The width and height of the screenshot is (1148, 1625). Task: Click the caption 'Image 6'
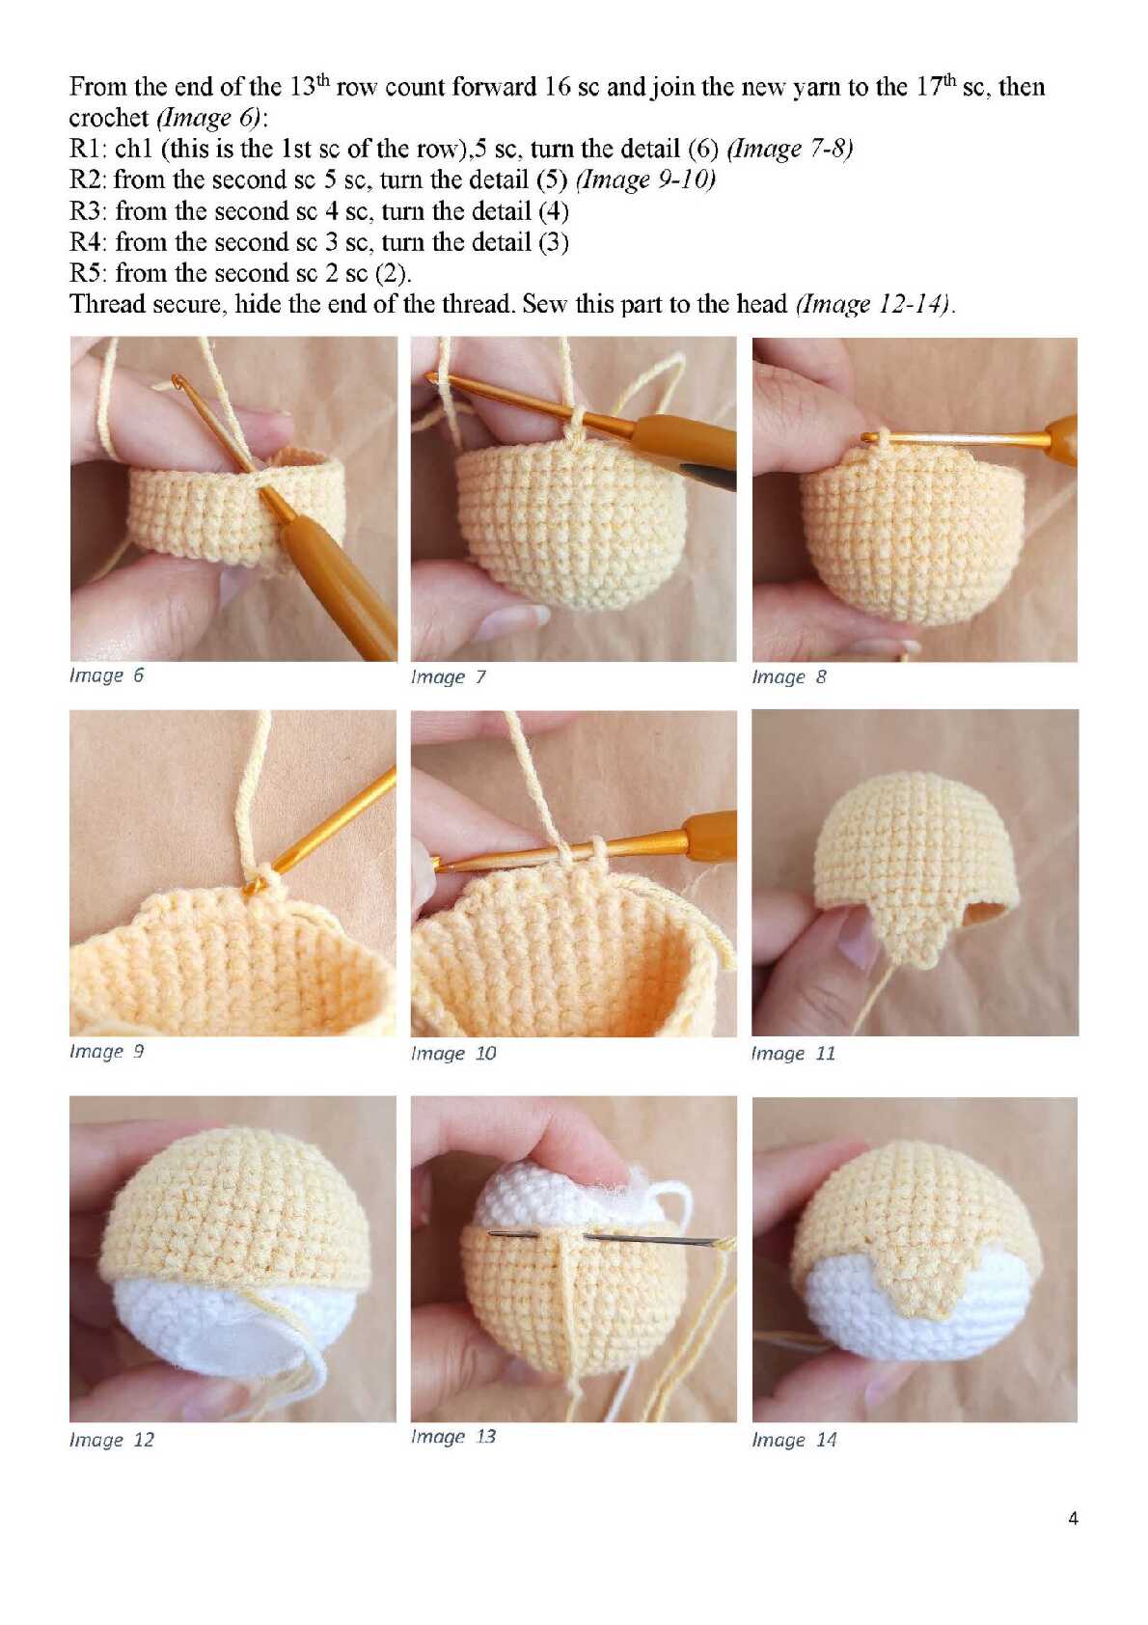[107, 675]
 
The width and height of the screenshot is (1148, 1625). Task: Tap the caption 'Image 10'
[453, 1053]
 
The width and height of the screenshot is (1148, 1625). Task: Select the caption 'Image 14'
[794, 1440]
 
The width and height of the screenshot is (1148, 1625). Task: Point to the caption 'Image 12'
[112, 1440]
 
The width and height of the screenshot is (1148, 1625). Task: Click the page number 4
[1073, 1518]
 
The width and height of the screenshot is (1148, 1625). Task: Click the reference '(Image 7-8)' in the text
[789, 149]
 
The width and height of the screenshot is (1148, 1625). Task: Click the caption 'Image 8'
[788, 676]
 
